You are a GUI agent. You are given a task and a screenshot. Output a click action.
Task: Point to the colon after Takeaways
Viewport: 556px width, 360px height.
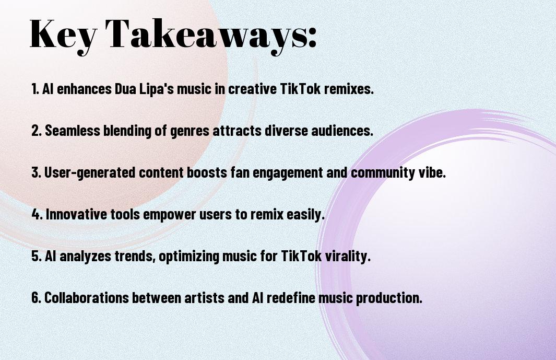pyautogui.click(x=312, y=37)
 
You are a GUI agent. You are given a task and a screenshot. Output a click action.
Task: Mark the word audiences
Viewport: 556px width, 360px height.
pyautogui.click(x=342, y=131)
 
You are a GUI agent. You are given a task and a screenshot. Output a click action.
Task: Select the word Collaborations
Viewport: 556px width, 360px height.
pyautogui.click(x=87, y=297)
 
